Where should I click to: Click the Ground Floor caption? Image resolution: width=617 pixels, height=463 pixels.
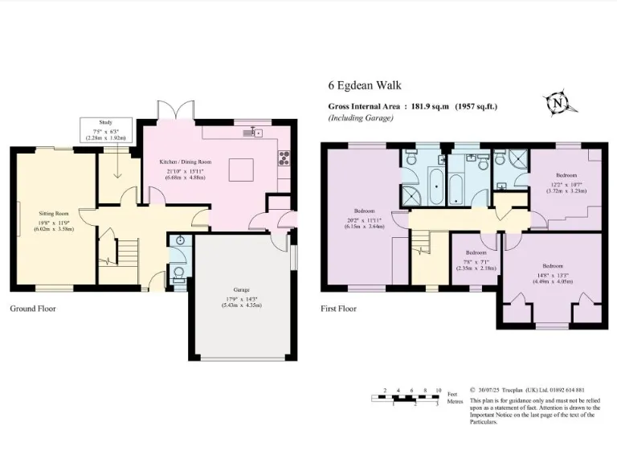point(33,308)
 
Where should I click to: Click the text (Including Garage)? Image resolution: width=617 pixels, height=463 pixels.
point(361,117)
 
